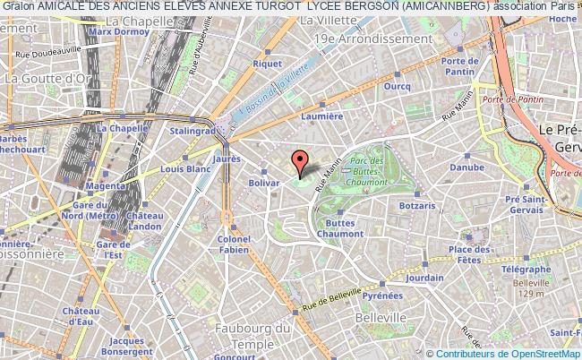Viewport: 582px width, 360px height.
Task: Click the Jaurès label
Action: [227, 156]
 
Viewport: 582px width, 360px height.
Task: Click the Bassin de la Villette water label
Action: [282, 89]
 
